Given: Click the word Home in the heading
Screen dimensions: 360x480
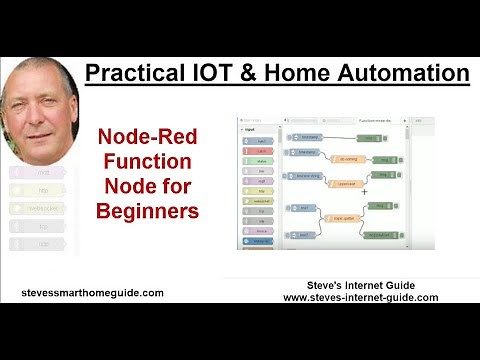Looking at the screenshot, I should tap(312, 73).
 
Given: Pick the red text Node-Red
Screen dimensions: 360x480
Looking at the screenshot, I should tap(147, 139).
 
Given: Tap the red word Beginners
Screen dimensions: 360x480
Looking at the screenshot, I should tap(147, 211).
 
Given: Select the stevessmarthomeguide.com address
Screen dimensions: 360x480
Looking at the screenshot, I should tap(92, 293).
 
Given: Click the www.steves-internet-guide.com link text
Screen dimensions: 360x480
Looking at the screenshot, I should tap(361, 297).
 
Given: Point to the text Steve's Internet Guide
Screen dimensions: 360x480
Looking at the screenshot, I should tap(361, 285).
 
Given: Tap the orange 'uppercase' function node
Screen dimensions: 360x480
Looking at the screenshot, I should tap(345, 183).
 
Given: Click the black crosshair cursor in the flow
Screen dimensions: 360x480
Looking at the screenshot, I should tap(364, 190).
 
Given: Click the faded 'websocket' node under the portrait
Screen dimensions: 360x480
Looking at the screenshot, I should tap(40, 208).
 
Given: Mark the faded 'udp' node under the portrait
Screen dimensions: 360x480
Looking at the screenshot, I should tap(40, 243).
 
